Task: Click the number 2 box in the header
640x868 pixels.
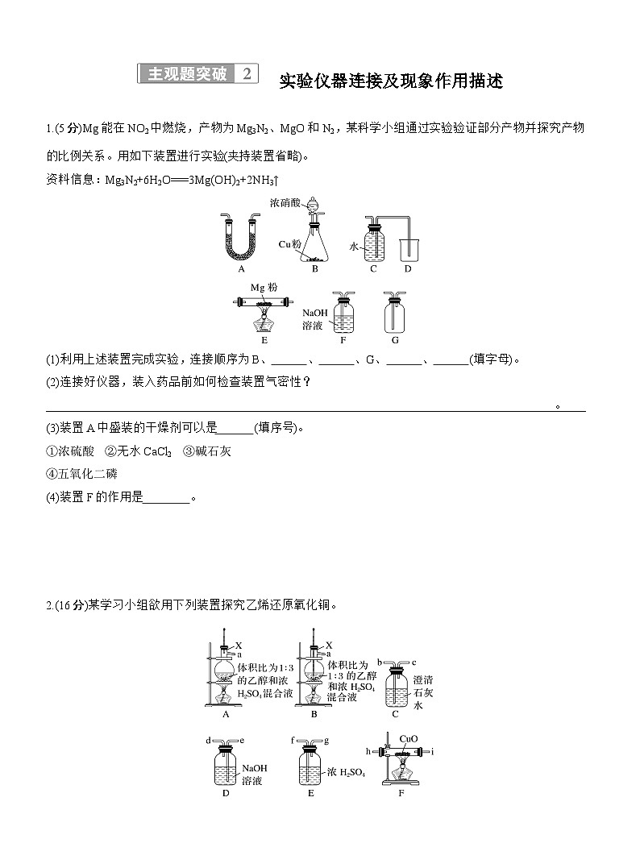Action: pyautogui.click(x=247, y=74)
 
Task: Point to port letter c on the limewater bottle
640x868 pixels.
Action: pyautogui.click(x=413, y=662)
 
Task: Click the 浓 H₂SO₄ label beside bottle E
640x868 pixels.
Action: pyautogui.click(x=347, y=773)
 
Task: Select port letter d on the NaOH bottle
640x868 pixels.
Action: pyautogui.click(x=209, y=740)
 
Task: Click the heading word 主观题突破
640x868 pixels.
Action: pyautogui.click(x=187, y=74)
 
